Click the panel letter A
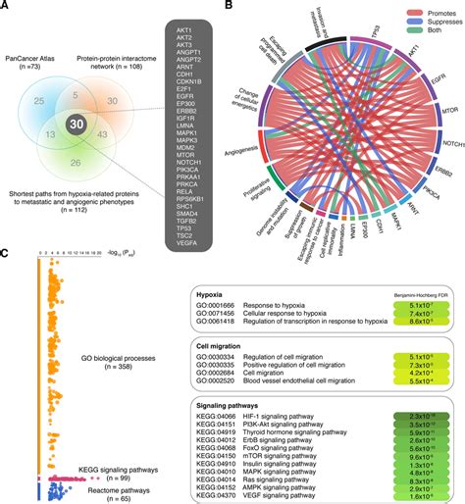[6, 7]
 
